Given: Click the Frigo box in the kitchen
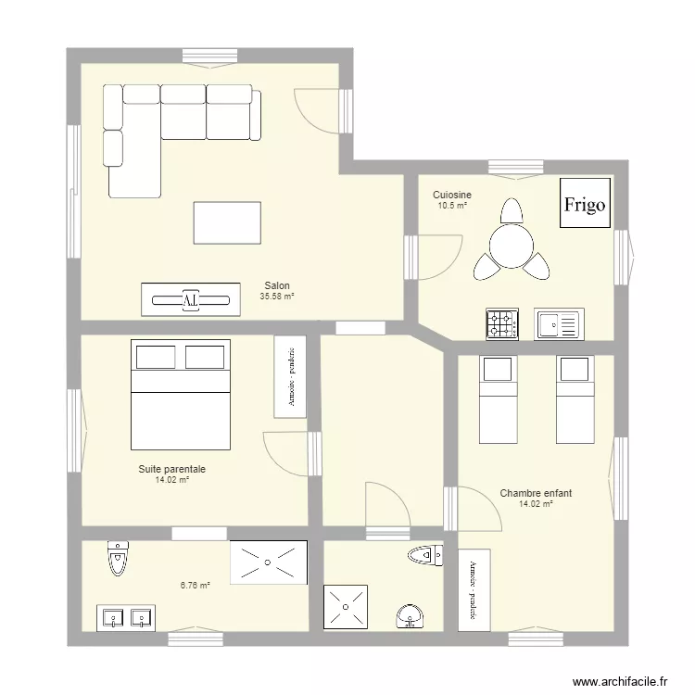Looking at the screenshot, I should coord(586,203).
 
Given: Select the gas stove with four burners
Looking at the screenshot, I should coord(502,323).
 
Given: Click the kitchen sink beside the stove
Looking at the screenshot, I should coord(558,323).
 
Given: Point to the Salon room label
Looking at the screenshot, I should coord(276,285).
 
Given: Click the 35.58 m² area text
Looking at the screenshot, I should coord(276,297).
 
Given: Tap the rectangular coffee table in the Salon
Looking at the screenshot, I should coord(227,222).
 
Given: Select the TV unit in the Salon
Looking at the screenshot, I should coord(190,298).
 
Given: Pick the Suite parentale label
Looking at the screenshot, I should coord(172,470).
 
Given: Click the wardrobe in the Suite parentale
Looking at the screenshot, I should coord(290,375).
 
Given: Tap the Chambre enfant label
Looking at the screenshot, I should coord(536,494).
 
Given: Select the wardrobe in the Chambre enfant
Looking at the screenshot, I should coord(474,590).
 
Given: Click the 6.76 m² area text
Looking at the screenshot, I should coord(195,585).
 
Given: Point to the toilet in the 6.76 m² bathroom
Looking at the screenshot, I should coord(118,558).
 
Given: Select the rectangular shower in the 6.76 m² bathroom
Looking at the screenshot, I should coord(269,562).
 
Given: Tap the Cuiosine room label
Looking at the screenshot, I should coord(452,195).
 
